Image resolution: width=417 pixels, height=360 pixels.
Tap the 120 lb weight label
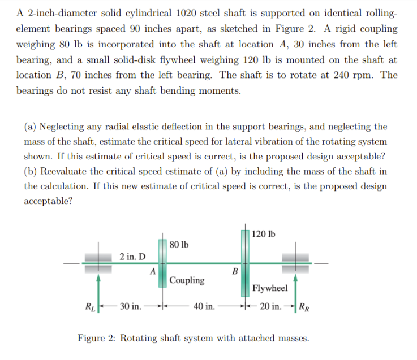(264, 233)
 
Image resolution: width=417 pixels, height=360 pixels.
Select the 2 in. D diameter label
(132, 256)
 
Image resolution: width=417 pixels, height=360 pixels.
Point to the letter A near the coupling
(153, 271)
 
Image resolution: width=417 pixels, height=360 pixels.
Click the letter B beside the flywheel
(235, 271)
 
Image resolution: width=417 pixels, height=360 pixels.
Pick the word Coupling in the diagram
(187, 280)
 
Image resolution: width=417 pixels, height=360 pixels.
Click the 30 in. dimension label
(130, 306)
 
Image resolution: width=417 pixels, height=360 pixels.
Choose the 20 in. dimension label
(271, 306)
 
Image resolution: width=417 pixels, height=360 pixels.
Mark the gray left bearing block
(98, 262)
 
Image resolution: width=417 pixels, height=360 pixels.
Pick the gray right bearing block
(295, 262)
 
